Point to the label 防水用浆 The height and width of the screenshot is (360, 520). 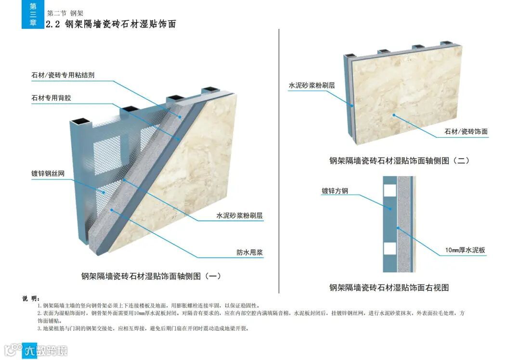[249, 252]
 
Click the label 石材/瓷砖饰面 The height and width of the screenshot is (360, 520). [466, 131]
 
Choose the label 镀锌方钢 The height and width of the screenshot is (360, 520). [335, 191]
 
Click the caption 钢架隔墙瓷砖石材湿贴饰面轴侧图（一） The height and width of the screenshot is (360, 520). [151, 276]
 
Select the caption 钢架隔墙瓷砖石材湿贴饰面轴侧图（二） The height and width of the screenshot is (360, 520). [399, 161]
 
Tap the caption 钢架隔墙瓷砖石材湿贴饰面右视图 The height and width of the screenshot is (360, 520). [389, 287]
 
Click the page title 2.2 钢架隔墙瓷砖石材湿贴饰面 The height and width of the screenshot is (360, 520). [110, 24]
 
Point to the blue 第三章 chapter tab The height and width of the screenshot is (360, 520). [33, 14]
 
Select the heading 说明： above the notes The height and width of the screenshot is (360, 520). [31, 298]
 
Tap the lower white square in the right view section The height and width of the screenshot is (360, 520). [390, 248]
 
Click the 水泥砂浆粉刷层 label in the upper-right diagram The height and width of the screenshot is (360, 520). [312, 85]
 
